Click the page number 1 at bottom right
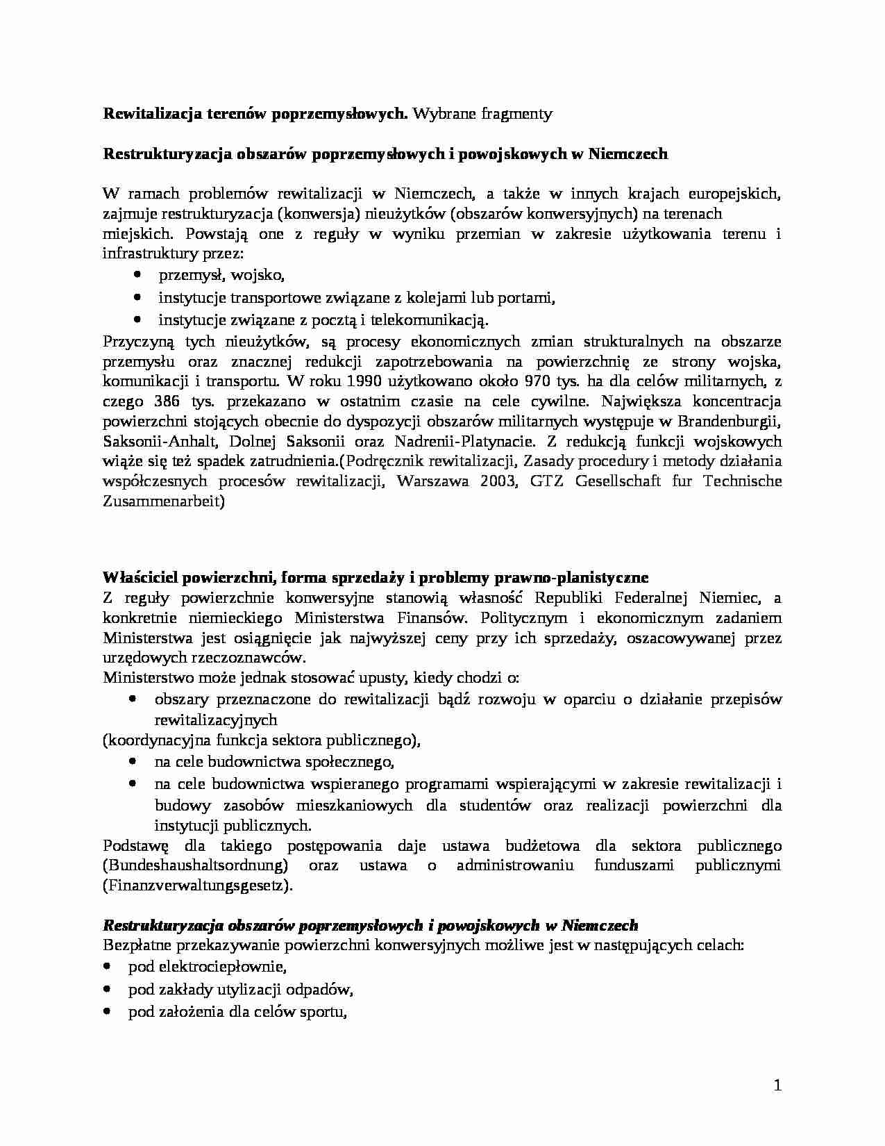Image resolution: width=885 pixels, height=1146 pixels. [x=777, y=1086]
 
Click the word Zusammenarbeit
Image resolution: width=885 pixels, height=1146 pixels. [x=162, y=501]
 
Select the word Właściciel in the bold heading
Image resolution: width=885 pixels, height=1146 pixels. [x=135, y=577]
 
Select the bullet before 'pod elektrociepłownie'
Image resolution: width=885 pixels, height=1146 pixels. [x=107, y=966]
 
